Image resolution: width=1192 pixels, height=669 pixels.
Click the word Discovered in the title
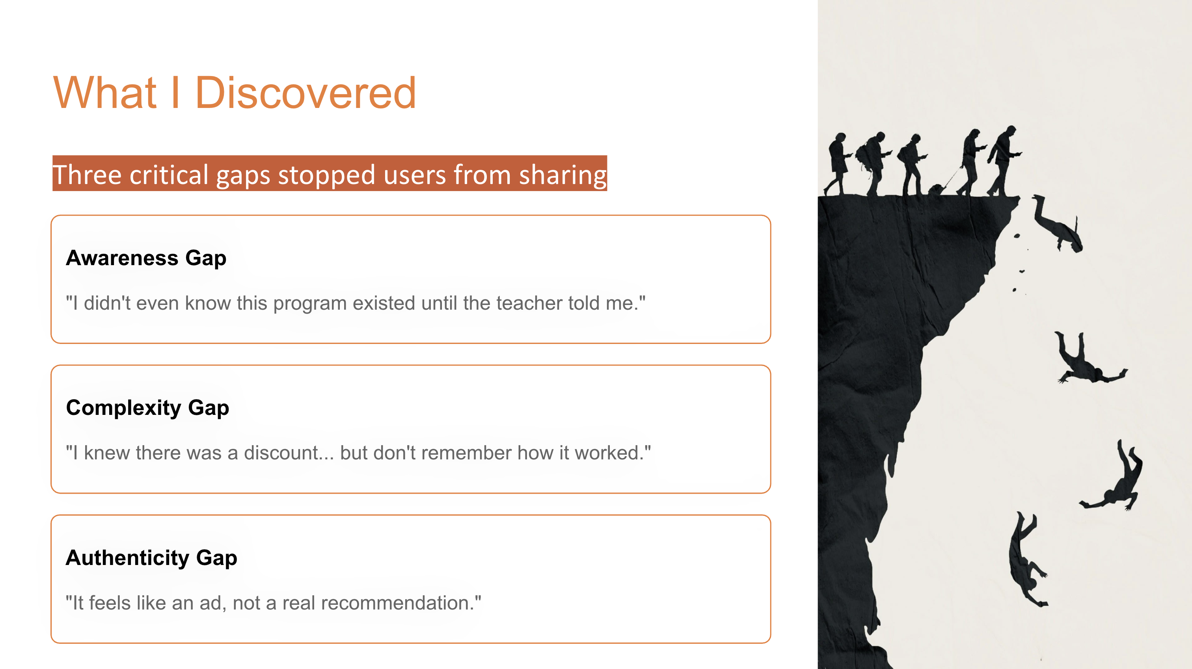click(x=305, y=93)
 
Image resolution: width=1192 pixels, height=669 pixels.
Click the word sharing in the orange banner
click(x=562, y=175)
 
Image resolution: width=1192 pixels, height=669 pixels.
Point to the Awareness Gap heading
click(x=146, y=258)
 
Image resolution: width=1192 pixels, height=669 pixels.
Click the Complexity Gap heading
click(x=147, y=408)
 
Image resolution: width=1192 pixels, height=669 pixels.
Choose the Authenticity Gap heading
click(x=151, y=557)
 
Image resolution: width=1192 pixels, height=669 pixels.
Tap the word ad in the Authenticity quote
click(x=210, y=603)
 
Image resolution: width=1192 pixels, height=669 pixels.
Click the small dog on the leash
click(x=936, y=189)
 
